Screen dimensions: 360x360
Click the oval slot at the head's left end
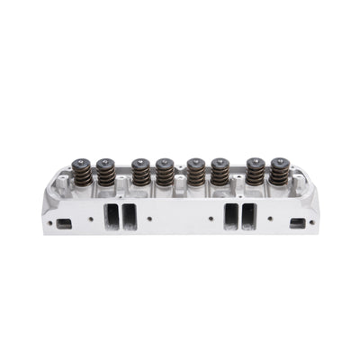(x=66, y=221)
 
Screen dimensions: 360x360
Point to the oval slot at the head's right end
(x=293, y=221)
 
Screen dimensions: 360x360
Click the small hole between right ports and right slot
(x=268, y=216)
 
